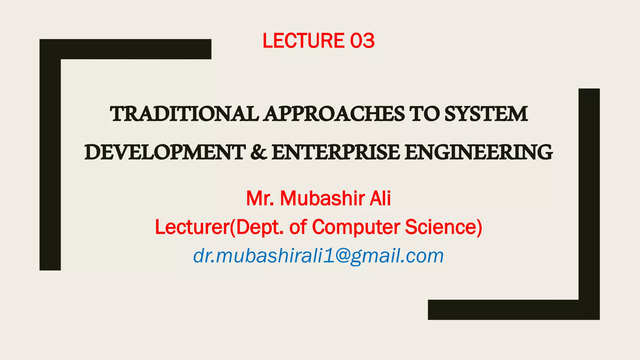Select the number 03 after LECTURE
click(362, 41)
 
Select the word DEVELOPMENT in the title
click(165, 152)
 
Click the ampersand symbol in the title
click(258, 152)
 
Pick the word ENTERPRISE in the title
click(336, 152)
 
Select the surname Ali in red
click(380, 198)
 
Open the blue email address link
click(318, 256)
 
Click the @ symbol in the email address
click(340, 256)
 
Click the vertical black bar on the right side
click(589, 194)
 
